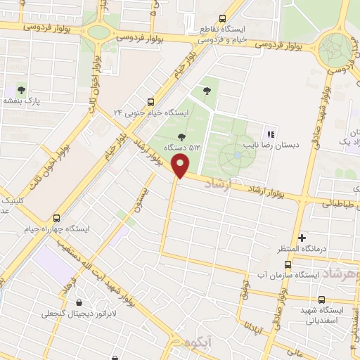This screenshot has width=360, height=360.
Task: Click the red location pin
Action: click(181, 167)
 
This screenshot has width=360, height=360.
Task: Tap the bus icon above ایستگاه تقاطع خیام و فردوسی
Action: click(223, 19)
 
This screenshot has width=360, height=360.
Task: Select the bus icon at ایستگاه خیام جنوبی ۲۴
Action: click(151, 101)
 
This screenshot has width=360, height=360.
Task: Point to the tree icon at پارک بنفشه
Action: click(21, 90)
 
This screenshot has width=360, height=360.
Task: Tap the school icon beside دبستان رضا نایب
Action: click(271, 134)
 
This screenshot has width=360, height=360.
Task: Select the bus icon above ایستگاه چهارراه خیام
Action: click(57, 218)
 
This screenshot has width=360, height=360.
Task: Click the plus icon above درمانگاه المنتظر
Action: click(302, 238)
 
